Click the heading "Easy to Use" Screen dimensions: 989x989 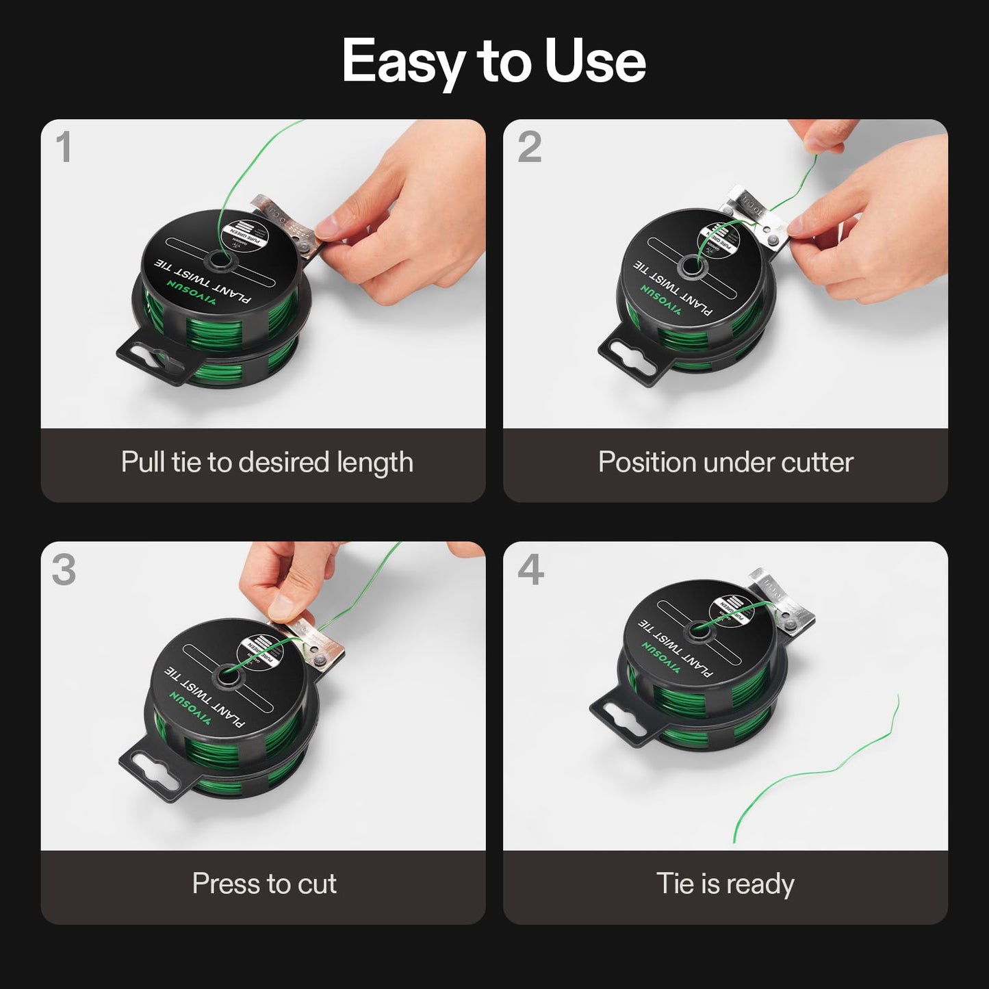[x=493, y=62]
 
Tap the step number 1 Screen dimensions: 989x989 [x=64, y=147]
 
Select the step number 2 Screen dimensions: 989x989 [x=529, y=147]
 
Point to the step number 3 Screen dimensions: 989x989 [x=64, y=569]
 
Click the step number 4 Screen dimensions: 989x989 [x=530, y=569]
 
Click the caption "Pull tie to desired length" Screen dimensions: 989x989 [x=267, y=463]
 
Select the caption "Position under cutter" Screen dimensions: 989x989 [x=725, y=463]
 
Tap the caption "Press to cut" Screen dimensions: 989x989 [x=264, y=884]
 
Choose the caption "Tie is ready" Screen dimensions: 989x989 [x=725, y=884]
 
